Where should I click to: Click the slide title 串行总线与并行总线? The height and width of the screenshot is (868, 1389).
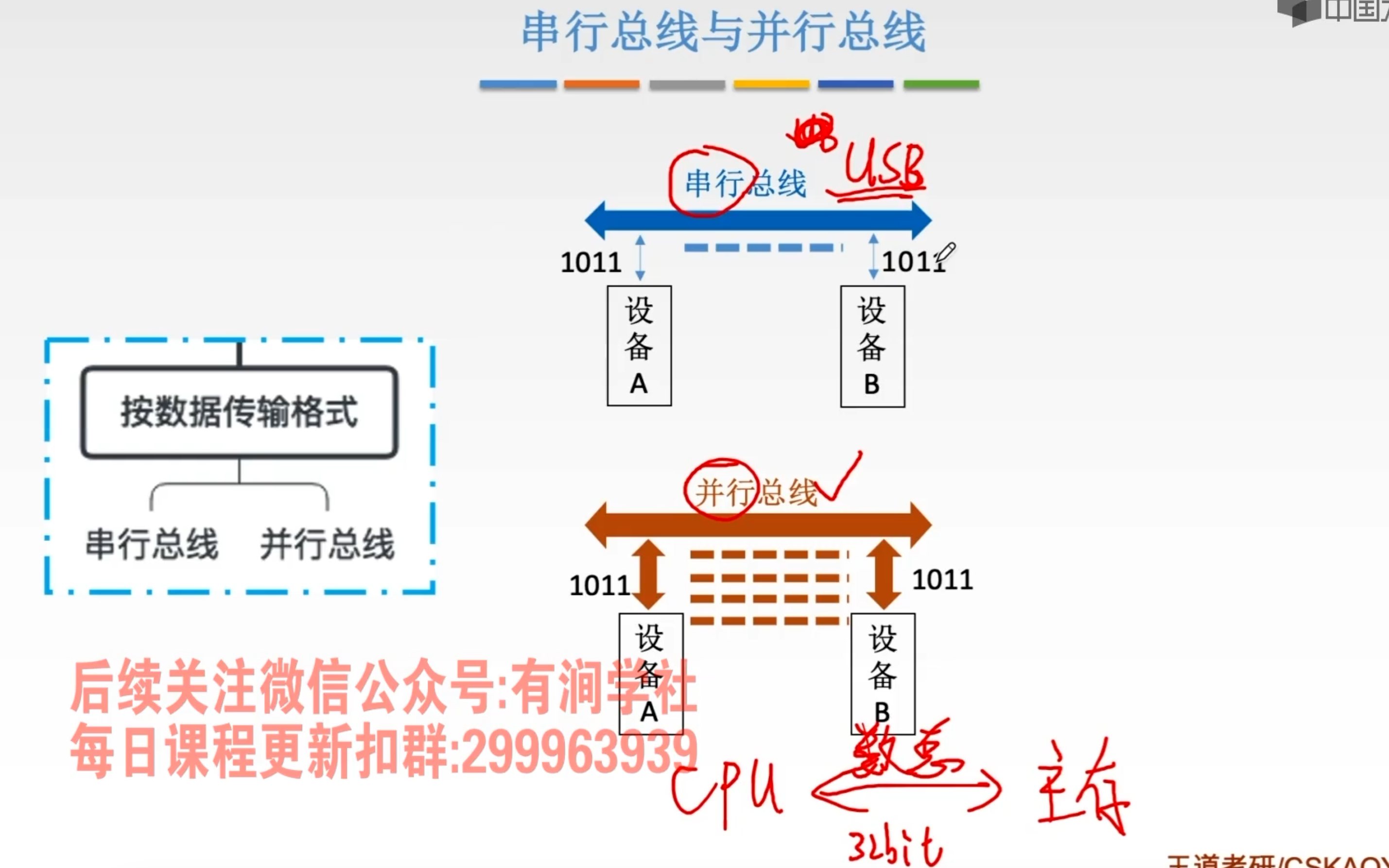pos(723,32)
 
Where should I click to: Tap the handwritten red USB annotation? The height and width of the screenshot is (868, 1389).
pos(884,168)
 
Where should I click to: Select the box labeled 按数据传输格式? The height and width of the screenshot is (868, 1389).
pos(239,412)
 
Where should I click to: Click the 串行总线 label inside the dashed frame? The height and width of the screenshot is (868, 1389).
pos(152,544)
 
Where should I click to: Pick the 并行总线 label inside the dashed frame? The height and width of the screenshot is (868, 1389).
pos(327,544)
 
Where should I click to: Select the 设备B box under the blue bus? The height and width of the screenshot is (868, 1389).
pos(872,346)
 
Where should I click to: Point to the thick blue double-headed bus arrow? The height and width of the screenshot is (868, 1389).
pos(758,220)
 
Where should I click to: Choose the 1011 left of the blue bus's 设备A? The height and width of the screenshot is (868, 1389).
pos(590,263)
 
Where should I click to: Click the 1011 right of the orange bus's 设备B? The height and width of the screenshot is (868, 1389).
pos(942,579)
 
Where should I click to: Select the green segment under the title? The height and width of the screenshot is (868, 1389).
pos(941,85)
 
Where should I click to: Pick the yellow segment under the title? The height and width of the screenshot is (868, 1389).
pos(771,85)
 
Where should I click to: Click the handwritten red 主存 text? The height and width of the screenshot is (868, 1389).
pos(1082,786)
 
